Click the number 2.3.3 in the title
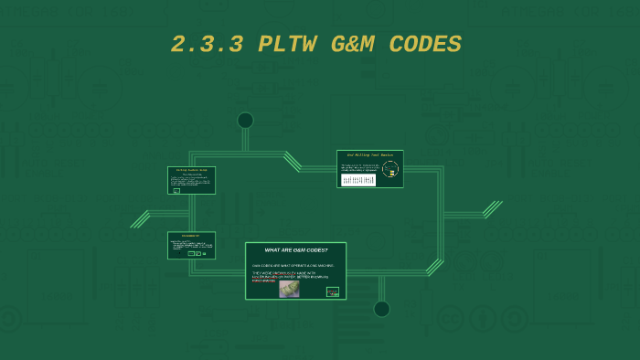tap(207, 45)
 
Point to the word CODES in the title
tap(425, 45)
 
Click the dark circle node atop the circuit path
tap(245, 121)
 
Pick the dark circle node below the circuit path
tap(381, 309)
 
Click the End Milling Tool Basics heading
tap(369, 155)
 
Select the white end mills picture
tap(357, 180)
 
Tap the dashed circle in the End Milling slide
tap(390, 168)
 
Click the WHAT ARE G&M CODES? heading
tap(295, 250)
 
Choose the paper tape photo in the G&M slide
tap(289, 289)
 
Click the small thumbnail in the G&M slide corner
tap(333, 292)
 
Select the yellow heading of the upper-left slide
tap(192, 170)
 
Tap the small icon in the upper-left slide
tap(176, 191)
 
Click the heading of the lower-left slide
tap(191, 236)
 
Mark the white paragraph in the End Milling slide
tap(358, 167)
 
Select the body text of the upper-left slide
tap(192, 180)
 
